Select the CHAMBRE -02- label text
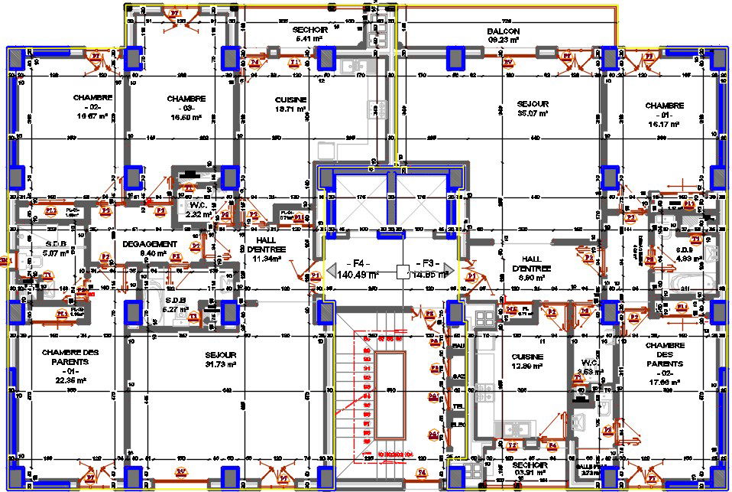click(x=93, y=107)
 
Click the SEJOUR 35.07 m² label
click(x=533, y=108)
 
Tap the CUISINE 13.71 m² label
click(x=290, y=105)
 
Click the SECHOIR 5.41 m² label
click(x=310, y=33)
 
